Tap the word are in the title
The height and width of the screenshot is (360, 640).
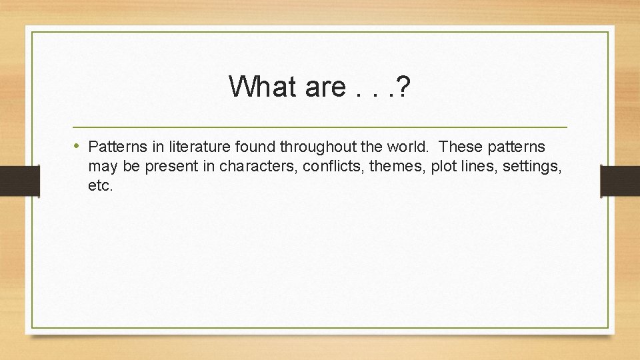(325, 86)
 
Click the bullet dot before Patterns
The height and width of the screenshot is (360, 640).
(77, 146)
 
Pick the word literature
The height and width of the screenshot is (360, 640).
(184, 147)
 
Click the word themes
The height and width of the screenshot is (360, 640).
(397, 166)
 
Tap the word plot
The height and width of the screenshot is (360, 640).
(443, 166)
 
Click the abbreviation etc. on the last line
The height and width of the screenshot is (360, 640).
(101, 185)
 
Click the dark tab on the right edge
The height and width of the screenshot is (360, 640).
(620, 181)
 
